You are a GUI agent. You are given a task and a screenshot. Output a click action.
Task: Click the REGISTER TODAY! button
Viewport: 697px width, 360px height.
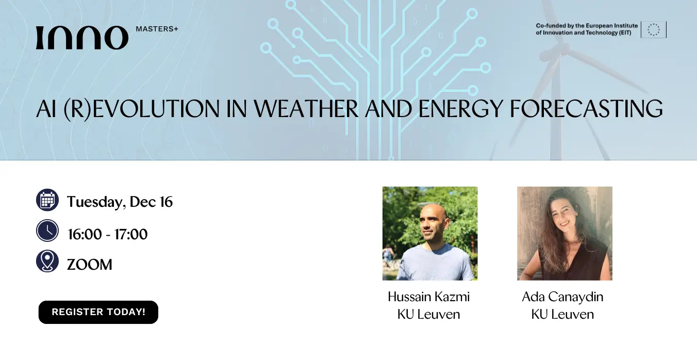tap(98, 312)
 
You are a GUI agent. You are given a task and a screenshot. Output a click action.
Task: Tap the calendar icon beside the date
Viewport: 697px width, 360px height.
tap(47, 200)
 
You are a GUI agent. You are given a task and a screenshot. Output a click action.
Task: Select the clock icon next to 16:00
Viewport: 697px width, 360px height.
tap(47, 231)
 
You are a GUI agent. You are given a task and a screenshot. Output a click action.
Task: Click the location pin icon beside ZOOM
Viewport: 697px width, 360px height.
tap(47, 261)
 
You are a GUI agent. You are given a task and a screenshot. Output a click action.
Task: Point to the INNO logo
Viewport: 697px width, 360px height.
tap(82, 38)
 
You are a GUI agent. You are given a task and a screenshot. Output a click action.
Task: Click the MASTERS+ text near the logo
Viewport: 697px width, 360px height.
tap(157, 29)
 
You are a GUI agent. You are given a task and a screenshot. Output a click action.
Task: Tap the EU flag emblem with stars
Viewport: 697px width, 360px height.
tap(654, 29)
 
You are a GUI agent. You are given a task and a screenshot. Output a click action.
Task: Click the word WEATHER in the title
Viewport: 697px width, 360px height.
tap(306, 109)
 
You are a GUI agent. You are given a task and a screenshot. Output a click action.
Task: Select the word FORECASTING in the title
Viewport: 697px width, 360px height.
tap(586, 109)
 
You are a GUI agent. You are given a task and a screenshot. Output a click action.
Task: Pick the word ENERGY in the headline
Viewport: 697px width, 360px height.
tap(460, 109)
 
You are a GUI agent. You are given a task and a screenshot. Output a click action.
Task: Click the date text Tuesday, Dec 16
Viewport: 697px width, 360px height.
tap(120, 202)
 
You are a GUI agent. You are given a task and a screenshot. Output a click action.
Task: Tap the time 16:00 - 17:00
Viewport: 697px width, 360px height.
tap(108, 234)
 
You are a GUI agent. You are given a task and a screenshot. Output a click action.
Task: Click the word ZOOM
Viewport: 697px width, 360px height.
tap(90, 265)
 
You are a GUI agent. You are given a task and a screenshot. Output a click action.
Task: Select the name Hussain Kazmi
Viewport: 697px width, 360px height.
tap(429, 297)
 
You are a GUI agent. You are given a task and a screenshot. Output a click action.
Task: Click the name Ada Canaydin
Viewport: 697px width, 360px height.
tap(562, 297)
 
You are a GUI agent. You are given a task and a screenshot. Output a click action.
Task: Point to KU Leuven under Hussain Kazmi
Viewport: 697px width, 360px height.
tap(429, 314)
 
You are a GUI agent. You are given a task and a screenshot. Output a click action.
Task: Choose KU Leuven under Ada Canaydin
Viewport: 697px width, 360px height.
tap(562, 314)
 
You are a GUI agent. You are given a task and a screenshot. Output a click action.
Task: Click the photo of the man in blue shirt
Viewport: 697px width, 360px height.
tap(430, 234)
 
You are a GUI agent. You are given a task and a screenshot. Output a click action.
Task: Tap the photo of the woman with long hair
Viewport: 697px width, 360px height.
tap(565, 234)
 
